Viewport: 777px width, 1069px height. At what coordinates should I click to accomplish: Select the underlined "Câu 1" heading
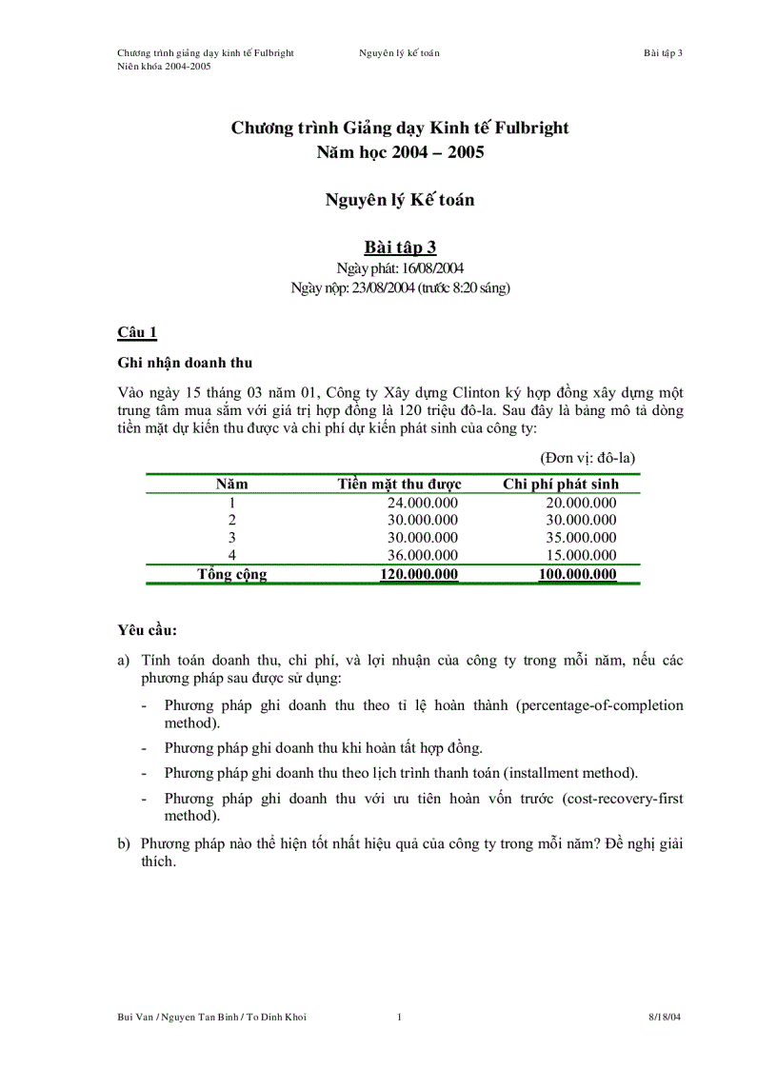pos(136,332)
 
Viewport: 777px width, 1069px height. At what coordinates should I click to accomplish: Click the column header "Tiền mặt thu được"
pos(399,484)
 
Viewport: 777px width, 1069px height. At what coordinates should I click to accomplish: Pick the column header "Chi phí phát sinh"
pos(560,484)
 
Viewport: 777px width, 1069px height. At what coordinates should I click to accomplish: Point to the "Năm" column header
pos(231,484)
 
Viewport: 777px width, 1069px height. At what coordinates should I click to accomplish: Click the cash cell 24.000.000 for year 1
pos(422,503)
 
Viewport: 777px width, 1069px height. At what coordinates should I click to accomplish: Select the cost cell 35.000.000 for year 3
pos(581,538)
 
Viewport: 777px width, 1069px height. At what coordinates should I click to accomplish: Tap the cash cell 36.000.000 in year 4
pos(422,555)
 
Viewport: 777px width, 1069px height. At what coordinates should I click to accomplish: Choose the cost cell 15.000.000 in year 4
pos(581,555)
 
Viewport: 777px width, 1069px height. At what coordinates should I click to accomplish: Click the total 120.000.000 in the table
pos(419,574)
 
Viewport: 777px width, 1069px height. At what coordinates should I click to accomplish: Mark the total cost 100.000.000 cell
pos(577,574)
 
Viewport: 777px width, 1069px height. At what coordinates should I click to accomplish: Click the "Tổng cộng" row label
pos(231,574)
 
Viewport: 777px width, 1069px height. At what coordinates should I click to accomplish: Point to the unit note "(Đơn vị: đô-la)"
pos(588,458)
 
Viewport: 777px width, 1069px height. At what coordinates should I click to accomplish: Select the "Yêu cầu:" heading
pos(147,630)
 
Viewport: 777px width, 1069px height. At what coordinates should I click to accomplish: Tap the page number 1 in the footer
pos(399,1017)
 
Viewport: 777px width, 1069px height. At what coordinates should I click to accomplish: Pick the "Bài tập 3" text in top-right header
pos(663,52)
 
